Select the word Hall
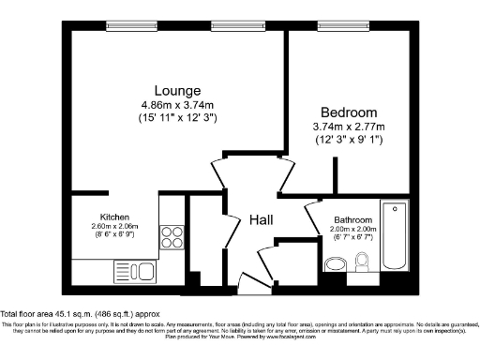260,219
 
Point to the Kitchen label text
114,217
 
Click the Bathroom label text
353,220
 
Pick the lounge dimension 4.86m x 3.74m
172,104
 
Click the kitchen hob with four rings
172,235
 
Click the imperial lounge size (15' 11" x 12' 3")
172,117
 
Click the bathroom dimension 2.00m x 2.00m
353,230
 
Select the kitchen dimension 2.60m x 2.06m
114,226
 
